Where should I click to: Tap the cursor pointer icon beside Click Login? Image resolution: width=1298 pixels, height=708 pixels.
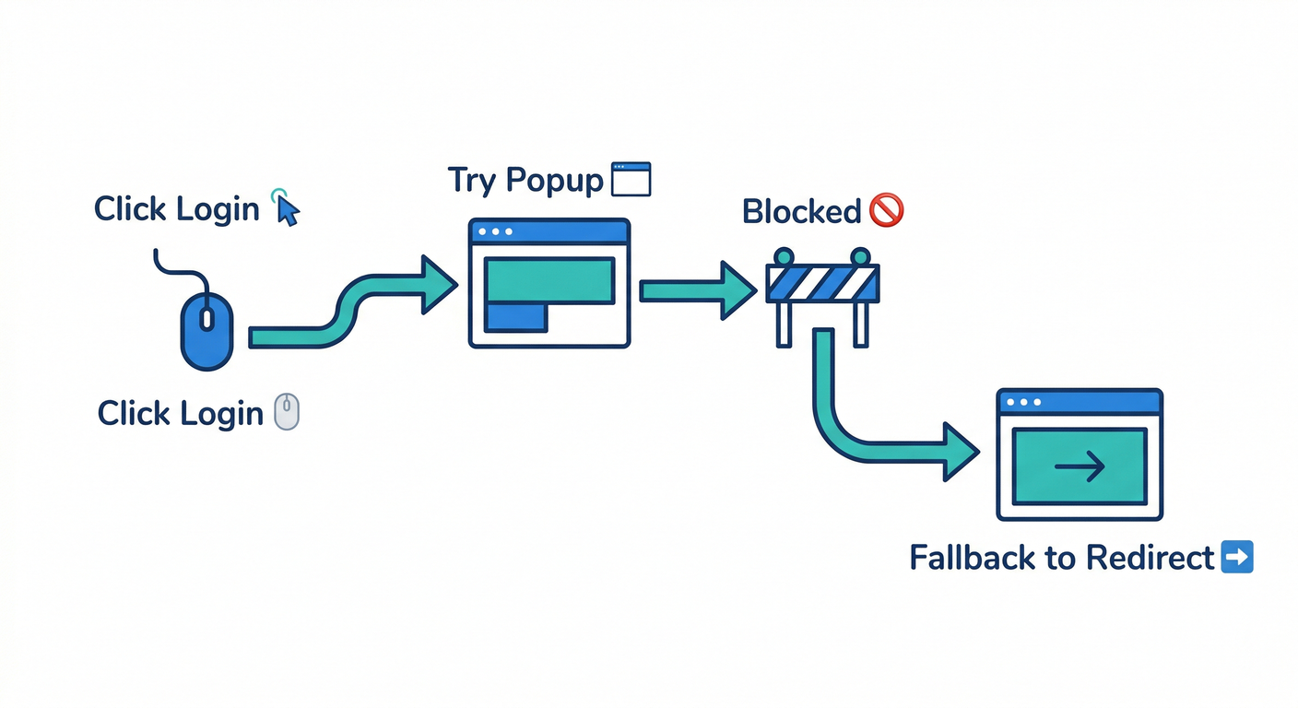point(287,209)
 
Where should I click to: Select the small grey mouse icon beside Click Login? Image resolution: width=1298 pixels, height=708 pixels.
point(288,411)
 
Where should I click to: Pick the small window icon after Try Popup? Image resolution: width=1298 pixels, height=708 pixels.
point(631,179)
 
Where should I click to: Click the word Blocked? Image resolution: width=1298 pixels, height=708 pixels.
point(801,212)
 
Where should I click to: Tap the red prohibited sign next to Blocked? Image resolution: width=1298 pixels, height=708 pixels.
point(886,211)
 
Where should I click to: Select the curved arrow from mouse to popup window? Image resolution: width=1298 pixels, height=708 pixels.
point(350,304)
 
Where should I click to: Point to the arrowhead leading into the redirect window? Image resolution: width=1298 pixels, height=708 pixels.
point(959,452)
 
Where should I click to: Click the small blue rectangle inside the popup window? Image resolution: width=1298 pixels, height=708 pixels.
point(515,316)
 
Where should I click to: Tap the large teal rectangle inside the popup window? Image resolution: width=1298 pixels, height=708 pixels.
point(549,279)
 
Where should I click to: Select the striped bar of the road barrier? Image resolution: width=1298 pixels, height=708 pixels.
point(822,283)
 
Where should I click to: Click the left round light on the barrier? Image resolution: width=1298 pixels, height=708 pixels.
point(784,256)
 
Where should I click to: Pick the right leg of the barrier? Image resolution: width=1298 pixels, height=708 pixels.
point(862,324)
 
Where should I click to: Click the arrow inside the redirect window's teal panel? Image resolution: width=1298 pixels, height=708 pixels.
point(1080,466)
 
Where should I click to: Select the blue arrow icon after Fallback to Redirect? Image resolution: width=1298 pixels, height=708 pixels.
point(1236,558)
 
